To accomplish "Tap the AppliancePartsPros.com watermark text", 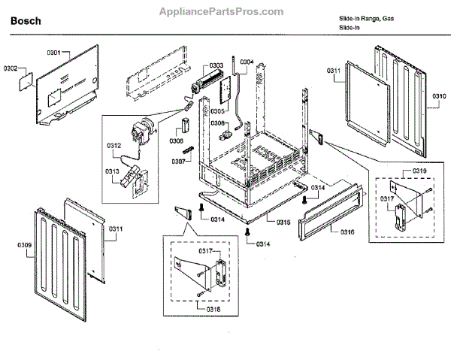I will (222, 12).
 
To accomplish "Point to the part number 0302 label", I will (11, 69).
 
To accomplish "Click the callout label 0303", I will (216, 66).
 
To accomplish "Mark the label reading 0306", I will (177, 141).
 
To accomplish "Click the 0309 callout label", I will (24, 245).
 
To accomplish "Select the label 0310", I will (439, 96).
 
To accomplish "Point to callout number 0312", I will (114, 145).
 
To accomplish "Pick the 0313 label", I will (114, 171).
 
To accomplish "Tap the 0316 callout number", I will (347, 232).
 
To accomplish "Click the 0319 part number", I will (419, 171).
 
